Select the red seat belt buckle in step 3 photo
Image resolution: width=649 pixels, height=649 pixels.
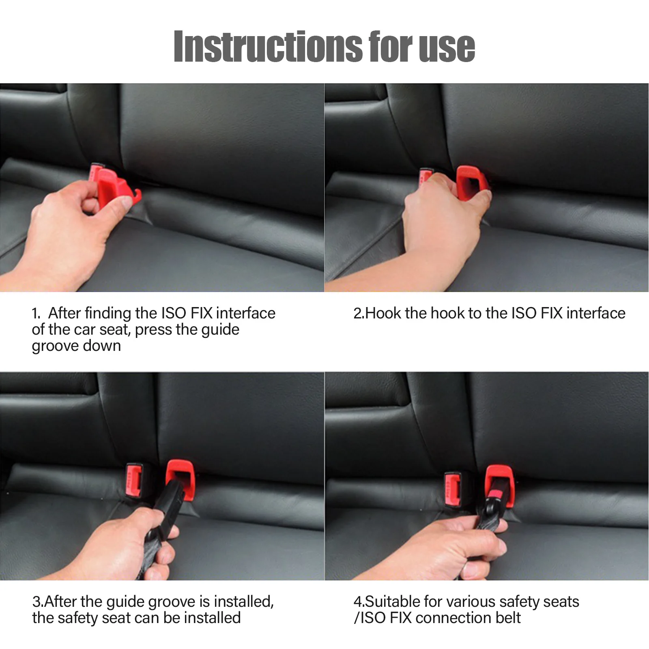(134, 481)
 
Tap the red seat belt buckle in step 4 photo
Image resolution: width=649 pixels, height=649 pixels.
(453, 489)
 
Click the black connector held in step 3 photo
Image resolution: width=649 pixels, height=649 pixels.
(168, 507)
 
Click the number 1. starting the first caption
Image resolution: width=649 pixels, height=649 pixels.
(36, 314)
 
